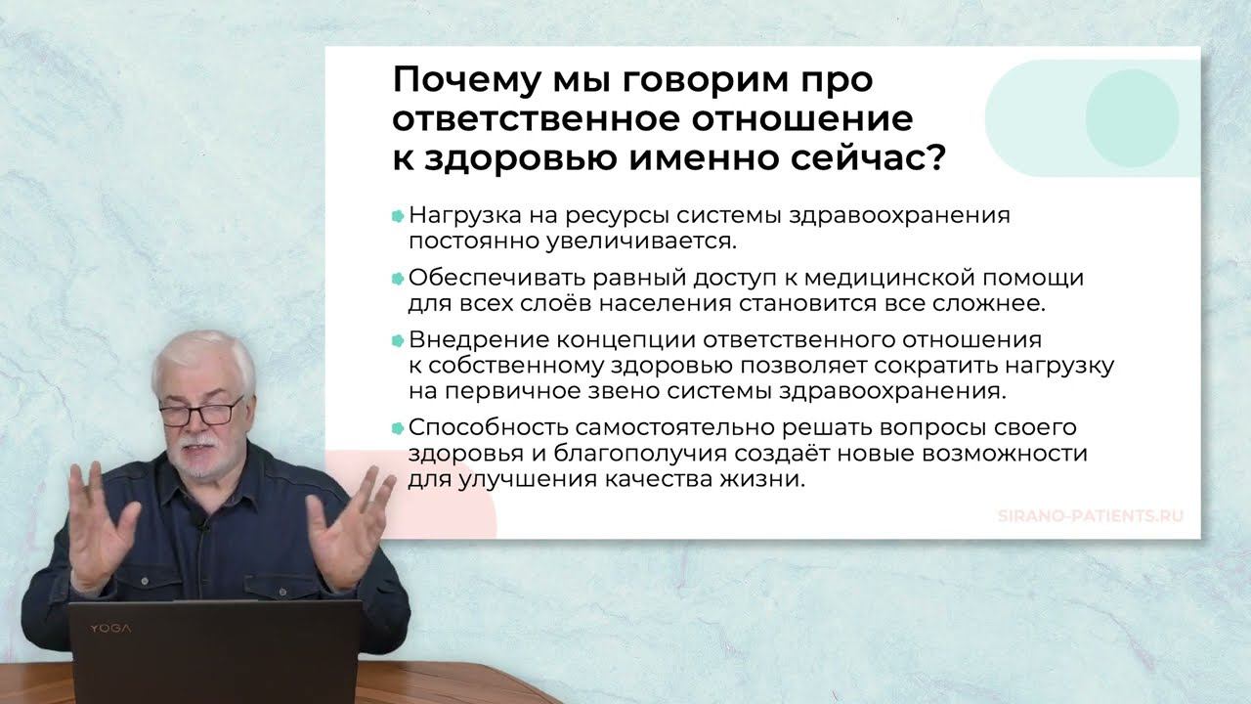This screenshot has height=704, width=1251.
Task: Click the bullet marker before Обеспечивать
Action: point(398,279)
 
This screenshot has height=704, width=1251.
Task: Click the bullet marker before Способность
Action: point(398,428)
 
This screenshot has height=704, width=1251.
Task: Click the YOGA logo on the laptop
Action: point(110,629)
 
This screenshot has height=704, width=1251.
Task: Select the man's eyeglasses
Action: point(200,413)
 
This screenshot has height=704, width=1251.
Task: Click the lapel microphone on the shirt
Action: point(203,524)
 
